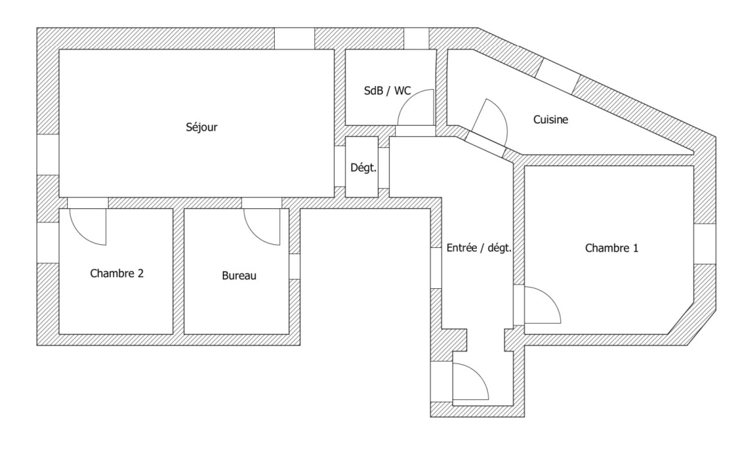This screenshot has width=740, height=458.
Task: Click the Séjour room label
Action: click(x=202, y=127)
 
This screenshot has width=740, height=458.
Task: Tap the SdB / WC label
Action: click(x=387, y=91)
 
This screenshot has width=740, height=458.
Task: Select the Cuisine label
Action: click(x=550, y=120)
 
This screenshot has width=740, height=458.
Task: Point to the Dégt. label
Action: click(x=363, y=168)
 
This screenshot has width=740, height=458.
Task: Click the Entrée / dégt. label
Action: click(x=479, y=248)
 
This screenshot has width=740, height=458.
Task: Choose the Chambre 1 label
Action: click(x=611, y=248)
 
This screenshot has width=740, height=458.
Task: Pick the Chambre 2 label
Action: click(x=117, y=273)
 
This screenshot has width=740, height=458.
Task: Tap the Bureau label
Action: click(x=239, y=276)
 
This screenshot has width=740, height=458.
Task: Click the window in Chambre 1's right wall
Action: click(x=705, y=244)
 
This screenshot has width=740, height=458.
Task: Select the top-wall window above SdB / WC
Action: click(x=416, y=38)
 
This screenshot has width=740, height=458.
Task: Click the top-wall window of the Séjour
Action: click(x=295, y=38)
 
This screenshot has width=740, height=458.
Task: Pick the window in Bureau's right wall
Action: click(x=295, y=266)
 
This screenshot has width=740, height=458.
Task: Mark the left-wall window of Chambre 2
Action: click(x=48, y=242)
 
